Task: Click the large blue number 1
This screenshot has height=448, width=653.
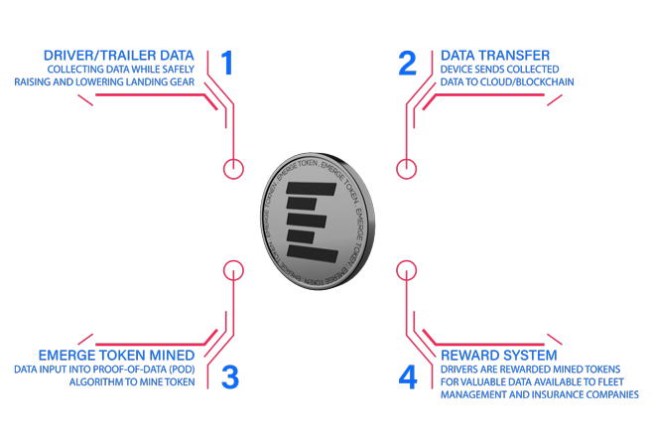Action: coord(227,63)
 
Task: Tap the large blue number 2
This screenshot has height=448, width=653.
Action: coord(407,63)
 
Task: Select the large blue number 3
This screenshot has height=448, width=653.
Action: coord(230,377)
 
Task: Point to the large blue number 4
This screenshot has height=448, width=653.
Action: coord(408,377)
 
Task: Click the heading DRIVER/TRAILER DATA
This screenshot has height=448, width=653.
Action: coord(119,56)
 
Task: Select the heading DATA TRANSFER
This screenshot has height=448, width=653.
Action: coord(495,56)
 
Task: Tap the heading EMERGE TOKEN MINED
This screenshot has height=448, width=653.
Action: coord(117,356)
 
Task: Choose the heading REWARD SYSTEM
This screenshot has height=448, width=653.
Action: coord(499,356)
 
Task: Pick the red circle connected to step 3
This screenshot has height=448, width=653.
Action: coord(233,261)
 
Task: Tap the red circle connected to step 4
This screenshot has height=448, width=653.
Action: coord(406,261)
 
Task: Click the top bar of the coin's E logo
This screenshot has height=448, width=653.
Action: coord(311,189)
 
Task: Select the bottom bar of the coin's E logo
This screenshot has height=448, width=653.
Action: coord(313,253)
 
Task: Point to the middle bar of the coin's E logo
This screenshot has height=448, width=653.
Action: coord(306,221)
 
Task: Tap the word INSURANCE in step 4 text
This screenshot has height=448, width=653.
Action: coord(562,394)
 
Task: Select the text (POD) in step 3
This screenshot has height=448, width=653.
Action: coord(182,370)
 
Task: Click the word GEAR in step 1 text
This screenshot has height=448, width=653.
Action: coord(182,82)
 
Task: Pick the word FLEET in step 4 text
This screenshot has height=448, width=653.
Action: coord(610,382)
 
